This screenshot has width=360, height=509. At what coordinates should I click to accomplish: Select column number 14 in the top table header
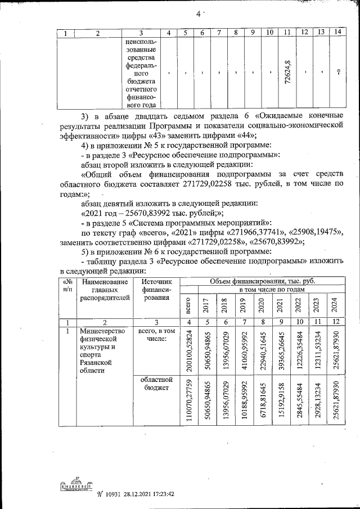pos(337,33)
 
